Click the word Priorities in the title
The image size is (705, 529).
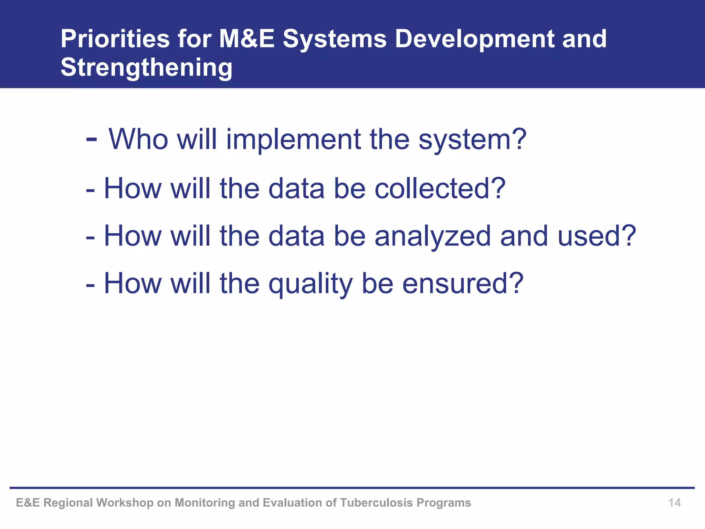115,39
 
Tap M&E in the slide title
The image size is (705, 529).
246,39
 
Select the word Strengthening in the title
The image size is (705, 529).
146,67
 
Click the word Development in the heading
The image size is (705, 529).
474,39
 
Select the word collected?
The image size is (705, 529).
440,188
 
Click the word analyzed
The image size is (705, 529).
433,236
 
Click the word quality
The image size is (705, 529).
311,283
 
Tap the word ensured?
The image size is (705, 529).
463,283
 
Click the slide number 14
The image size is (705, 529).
674,503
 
